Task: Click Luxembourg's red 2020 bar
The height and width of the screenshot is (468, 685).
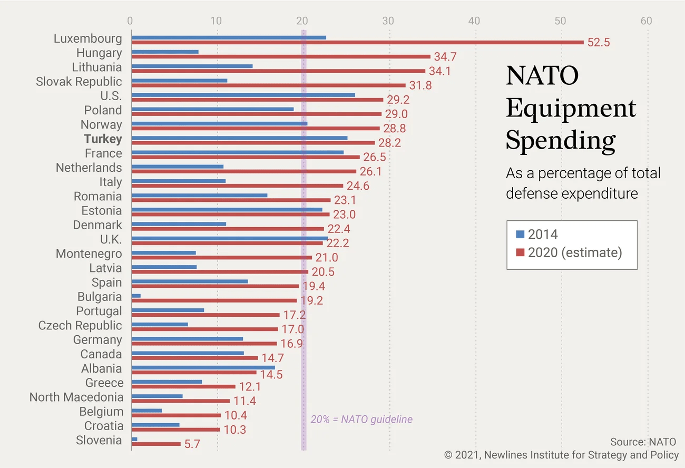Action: pyautogui.click(x=357, y=42)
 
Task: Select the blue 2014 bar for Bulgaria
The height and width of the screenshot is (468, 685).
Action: pyautogui.click(x=136, y=296)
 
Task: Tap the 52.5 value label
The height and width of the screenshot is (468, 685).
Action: pyautogui.click(x=599, y=43)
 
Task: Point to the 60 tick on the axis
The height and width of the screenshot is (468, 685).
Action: pyautogui.click(x=646, y=21)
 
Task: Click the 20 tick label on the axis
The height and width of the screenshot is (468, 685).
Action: pyautogui.click(x=302, y=21)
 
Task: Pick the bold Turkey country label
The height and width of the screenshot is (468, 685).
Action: pyautogui.click(x=103, y=139)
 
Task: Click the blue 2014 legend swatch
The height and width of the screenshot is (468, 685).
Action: pyautogui.click(x=521, y=235)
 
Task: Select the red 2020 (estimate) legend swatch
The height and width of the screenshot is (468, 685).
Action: pyautogui.click(x=521, y=252)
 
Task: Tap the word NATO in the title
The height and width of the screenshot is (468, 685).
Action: pyautogui.click(x=542, y=75)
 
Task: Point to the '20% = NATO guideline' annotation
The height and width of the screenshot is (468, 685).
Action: pyautogui.click(x=361, y=420)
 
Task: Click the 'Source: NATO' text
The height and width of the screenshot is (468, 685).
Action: pyautogui.click(x=643, y=442)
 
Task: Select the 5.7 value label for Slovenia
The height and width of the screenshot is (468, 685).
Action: pyautogui.click(x=192, y=444)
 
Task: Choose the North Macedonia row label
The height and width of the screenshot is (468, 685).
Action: pyautogui.click(x=76, y=397)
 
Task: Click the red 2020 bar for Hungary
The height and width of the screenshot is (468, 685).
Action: pyautogui.click(x=280, y=56)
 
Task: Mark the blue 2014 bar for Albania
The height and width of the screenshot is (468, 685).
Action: pyautogui.click(x=203, y=367)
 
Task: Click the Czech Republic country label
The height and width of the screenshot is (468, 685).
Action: pyautogui.click(x=80, y=326)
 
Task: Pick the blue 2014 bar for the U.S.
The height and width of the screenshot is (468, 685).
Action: pyautogui.click(x=243, y=95)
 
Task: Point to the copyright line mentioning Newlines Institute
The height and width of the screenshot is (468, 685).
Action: pyautogui.click(x=562, y=455)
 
